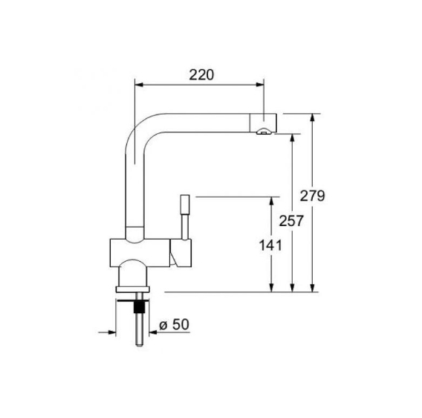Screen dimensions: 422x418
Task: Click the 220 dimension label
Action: pos(201,75)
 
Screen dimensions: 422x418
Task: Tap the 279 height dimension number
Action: pos(313,196)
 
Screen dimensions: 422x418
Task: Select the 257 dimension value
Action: pos(291,221)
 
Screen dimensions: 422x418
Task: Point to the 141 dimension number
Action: pos(270,245)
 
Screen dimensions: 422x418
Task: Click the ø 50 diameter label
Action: pos(174,324)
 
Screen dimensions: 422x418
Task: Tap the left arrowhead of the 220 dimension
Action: pos(138,85)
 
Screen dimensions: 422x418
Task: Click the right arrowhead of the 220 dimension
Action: pos(260,85)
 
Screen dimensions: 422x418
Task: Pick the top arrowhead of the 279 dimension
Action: pos(312,118)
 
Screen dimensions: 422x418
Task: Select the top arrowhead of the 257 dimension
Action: pos(292,138)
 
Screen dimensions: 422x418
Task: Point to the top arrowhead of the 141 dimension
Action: pos(271,201)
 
